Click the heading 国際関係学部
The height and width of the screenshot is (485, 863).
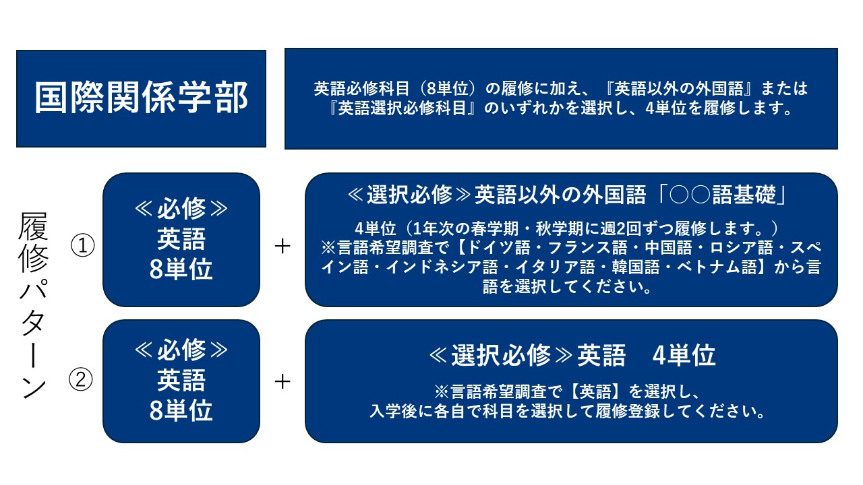[141, 98]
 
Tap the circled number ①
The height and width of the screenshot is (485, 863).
[82, 246]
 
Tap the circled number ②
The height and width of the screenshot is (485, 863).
[80, 379]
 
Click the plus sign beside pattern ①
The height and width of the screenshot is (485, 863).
[282, 247]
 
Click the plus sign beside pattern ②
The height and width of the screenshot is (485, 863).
[282, 381]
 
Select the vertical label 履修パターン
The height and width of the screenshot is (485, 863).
[34, 305]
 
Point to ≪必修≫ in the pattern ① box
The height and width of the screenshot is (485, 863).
[181, 208]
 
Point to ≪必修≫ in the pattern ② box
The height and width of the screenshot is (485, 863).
[181, 350]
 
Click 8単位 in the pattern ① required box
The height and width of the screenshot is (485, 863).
[181, 269]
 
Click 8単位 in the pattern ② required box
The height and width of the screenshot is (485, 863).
[181, 410]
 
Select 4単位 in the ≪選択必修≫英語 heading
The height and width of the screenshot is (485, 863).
[684, 355]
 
